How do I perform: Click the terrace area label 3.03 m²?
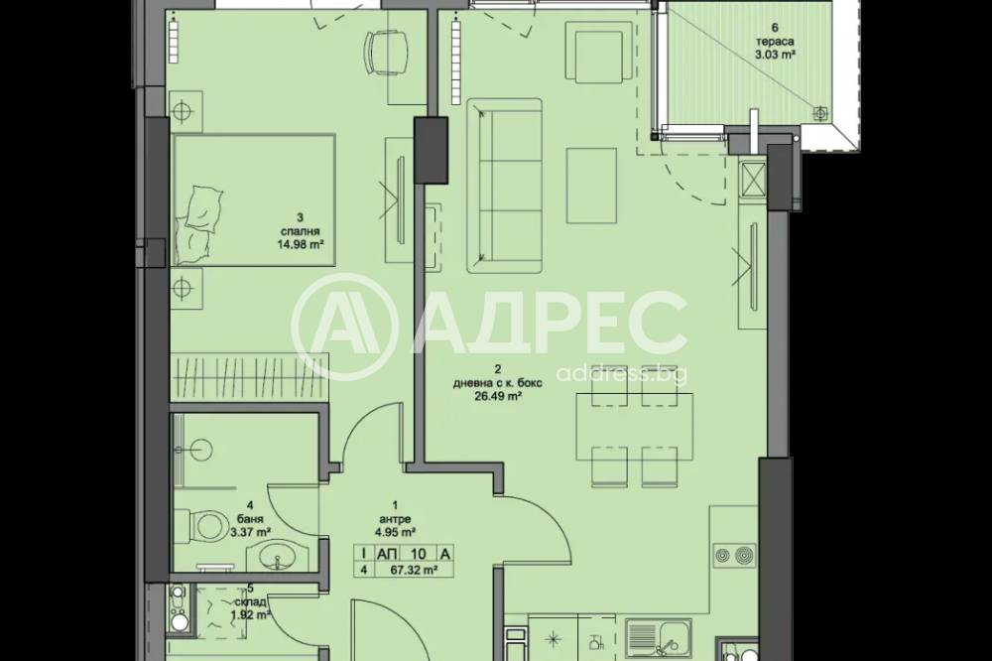point(775,55)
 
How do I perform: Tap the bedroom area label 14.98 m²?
point(301,243)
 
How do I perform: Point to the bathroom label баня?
point(250,518)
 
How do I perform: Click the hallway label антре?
point(396,518)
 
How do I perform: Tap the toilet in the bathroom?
point(202,525)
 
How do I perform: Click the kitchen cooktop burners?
point(734,555)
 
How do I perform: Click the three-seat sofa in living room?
point(504,186)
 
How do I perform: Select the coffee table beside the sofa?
point(591,186)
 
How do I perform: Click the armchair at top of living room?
point(598,52)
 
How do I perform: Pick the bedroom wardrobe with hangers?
point(251,376)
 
